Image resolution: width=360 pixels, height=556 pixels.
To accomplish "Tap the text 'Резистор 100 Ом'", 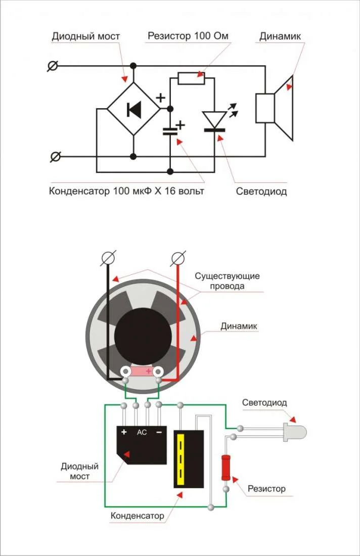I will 188,36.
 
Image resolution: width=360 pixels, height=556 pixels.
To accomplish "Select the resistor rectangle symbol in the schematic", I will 191,78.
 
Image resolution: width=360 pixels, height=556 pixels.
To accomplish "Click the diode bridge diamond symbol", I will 133,109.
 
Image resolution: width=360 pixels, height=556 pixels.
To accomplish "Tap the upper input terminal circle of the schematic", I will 53,66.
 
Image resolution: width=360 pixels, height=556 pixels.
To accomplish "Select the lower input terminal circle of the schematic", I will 55,157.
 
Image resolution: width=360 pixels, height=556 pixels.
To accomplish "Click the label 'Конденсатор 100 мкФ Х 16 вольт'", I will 126,192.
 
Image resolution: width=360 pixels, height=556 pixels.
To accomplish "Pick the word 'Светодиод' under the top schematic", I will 261,192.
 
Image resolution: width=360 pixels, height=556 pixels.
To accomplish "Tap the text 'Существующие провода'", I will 227,281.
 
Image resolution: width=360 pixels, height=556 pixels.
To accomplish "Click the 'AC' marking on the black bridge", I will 142,432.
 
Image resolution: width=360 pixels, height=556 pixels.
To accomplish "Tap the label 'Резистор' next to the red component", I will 266,489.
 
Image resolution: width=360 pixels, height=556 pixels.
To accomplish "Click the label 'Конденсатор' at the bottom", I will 138,516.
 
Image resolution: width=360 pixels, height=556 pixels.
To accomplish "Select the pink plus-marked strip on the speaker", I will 144,372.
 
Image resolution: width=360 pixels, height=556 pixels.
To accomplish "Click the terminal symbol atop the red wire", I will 177,259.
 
